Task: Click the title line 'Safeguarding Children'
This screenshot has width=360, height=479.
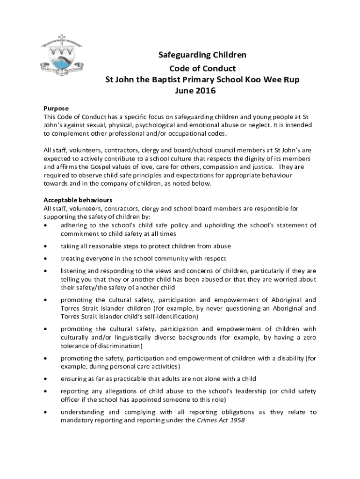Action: pos(202,55)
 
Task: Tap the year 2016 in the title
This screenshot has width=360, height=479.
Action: pos(206,91)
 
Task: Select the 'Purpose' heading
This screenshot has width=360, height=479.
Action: pos(56,108)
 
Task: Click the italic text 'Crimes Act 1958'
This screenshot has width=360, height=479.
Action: pos(221,420)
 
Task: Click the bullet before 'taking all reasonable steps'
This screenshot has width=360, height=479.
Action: pos(45,246)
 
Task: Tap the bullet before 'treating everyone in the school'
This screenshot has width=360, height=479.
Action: pos(45,258)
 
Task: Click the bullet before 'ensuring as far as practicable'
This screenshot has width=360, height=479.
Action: pos(45,378)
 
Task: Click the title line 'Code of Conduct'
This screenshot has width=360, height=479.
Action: pos(202,68)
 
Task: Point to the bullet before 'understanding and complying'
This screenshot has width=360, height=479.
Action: pos(45,413)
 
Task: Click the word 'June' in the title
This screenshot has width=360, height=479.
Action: pos(185,91)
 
